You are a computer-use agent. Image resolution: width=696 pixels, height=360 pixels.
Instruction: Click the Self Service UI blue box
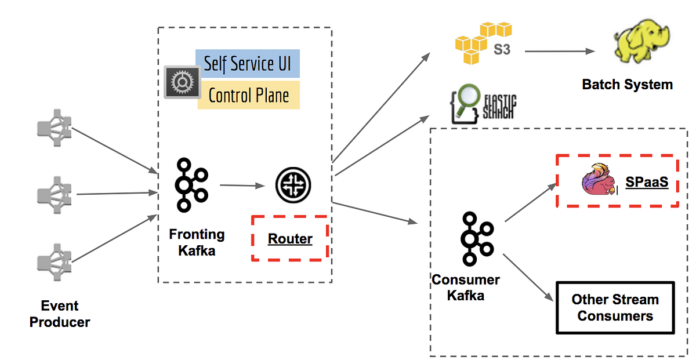click(248, 64)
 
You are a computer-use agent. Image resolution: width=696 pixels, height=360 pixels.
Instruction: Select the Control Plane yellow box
click(248, 95)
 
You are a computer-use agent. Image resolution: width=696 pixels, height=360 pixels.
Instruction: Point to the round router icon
click(293, 185)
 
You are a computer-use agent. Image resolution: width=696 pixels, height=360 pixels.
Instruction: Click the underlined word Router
click(290, 239)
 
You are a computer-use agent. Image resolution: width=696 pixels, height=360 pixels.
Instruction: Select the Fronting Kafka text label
click(197, 242)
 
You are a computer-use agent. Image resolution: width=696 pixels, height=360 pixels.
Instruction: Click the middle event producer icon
click(55, 193)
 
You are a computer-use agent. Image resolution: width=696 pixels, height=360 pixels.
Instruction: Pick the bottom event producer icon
click(55, 261)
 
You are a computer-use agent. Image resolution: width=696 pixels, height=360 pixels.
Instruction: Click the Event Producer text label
click(60, 314)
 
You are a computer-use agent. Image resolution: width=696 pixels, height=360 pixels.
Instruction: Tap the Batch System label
click(627, 85)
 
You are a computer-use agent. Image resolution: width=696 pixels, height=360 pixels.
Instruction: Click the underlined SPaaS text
click(647, 183)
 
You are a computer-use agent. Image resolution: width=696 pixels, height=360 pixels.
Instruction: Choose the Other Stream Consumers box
click(615, 308)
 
